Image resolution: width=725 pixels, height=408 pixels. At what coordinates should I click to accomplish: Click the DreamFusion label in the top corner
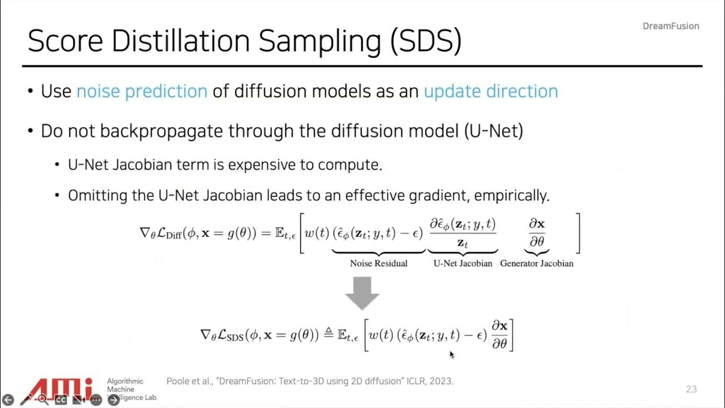point(671,26)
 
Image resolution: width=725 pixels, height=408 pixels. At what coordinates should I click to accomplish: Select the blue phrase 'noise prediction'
point(142,91)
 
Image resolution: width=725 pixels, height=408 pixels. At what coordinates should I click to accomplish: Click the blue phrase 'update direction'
point(491,91)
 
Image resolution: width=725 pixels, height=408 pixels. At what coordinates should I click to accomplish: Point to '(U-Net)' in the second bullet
point(493,131)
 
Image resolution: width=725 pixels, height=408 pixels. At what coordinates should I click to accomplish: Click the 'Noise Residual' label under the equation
point(378,263)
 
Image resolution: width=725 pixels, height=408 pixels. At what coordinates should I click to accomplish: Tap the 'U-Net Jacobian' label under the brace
point(463,263)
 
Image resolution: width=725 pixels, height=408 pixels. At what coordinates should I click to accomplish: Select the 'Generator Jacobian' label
point(536,263)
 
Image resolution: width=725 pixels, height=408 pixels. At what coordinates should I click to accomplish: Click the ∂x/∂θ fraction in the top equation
point(536,232)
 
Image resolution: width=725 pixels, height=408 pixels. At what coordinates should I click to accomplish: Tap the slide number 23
point(691,389)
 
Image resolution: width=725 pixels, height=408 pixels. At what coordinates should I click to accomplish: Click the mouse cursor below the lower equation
point(451,355)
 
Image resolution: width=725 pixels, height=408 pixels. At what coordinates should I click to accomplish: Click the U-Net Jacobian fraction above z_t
point(463,224)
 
